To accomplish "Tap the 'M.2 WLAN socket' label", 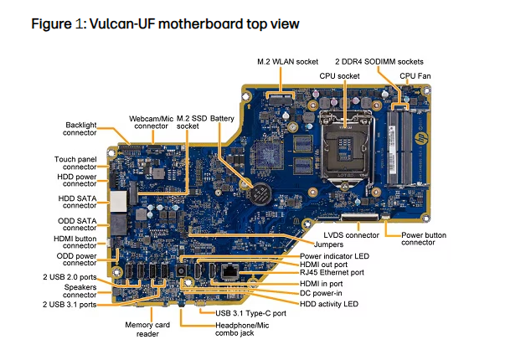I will [286, 62].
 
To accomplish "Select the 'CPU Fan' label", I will [415, 75].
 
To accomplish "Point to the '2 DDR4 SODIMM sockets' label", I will [379, 62].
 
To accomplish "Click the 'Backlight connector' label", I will [80, 128].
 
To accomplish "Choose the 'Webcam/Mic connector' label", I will [151, 121].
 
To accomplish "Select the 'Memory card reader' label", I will [149, 327].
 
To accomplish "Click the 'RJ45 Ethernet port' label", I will [332, 271].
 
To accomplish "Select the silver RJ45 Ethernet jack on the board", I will [228, 270].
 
